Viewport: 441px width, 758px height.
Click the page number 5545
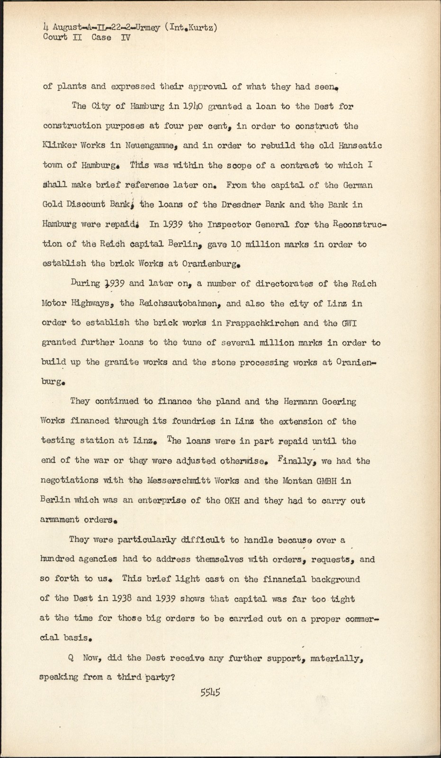click(210, 692)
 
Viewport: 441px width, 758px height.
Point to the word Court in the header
click(55, 37)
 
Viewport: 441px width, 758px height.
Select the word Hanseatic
click(360, 145)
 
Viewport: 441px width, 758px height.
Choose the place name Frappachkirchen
click(262, 323)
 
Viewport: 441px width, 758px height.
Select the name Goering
click(340, 402)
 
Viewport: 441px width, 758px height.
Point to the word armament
click(59, 520)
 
